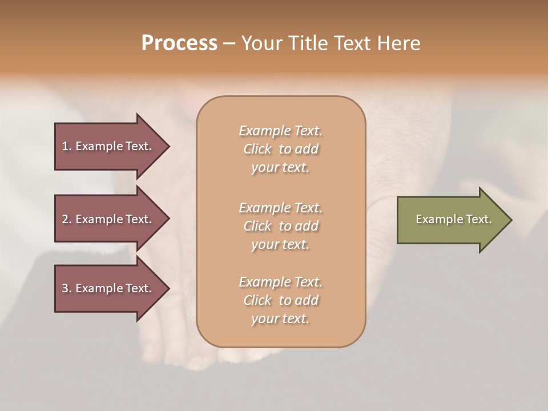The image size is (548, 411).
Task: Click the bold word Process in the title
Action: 179,43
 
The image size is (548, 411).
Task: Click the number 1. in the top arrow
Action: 67,146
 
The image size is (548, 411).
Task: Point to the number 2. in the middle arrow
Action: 67,219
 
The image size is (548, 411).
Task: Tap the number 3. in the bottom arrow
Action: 67,288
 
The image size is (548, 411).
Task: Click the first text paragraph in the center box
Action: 280,149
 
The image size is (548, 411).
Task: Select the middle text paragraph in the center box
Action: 280,226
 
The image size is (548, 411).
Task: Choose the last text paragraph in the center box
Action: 280,300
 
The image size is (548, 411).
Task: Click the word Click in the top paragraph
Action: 257,149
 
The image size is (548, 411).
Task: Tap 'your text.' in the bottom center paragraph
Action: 280,319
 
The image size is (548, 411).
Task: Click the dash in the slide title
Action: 229,43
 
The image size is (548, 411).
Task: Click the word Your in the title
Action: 262,43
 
